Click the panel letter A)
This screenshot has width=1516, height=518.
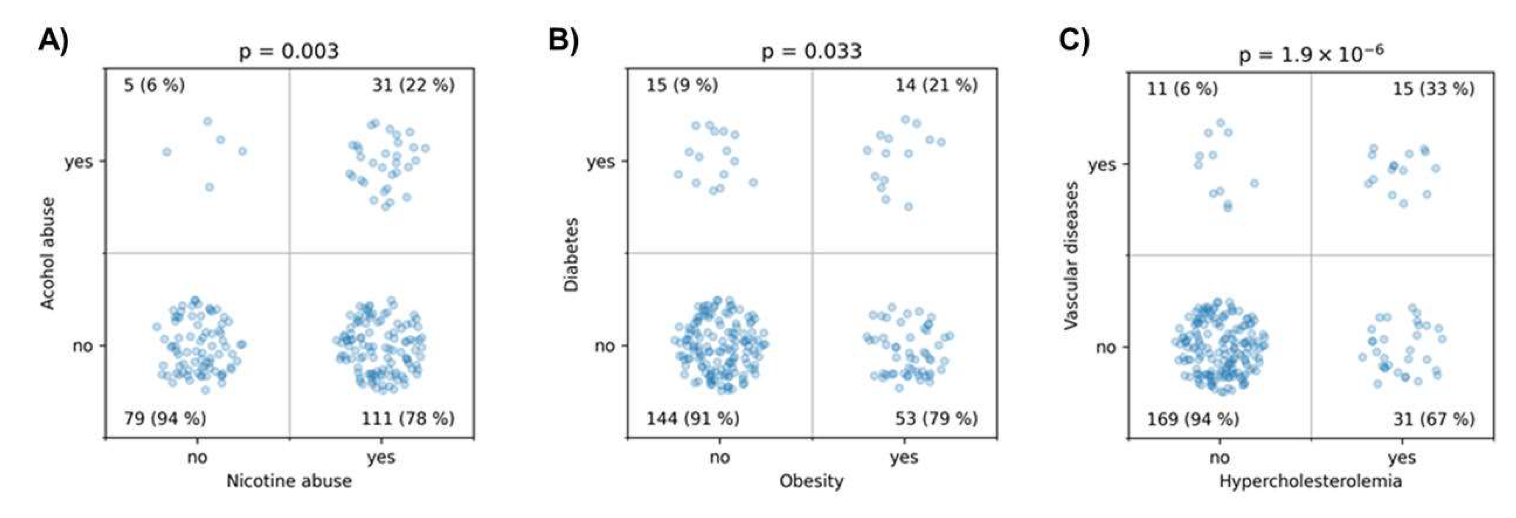[x=53, y=41]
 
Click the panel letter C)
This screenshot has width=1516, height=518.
[x=1074, y=41]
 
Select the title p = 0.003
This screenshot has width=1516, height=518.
[x=288, y=52]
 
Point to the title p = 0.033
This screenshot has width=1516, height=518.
[x=812, y=52]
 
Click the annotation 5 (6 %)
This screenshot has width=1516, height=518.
[x=154, y=86]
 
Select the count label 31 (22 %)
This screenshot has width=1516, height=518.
[x=413, y=86]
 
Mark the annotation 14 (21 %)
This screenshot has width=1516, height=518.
[x=936, y=86]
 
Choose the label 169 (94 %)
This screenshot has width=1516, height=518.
[x=1193, y=419]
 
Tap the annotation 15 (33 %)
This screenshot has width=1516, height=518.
[x=1433, y=89]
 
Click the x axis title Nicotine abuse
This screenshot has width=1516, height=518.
[x=289, y=482]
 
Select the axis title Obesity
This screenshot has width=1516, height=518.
[x=812, y=482]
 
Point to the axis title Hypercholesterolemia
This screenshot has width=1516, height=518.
[x=1311, y=482]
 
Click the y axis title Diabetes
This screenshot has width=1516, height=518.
[x=571, y=254]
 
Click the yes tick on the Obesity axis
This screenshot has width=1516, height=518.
[x=904, y=457]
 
